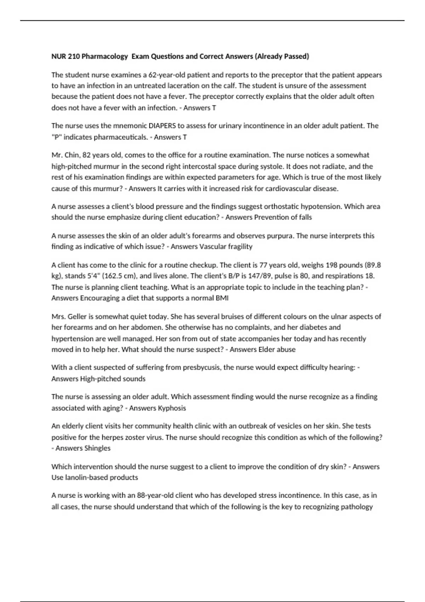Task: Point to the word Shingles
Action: click(97, 448)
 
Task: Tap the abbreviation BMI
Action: click(222, 298)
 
